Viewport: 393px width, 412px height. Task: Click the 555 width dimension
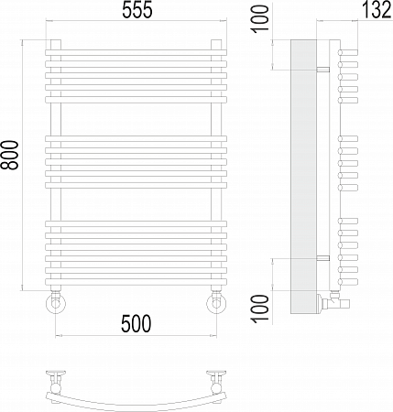point(137,11)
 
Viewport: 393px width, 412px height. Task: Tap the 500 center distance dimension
point(136,324)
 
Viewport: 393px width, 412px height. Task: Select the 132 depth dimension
point(377,10)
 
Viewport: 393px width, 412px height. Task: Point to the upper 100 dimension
point(260,17)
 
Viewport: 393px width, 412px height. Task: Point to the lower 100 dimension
point(260,309)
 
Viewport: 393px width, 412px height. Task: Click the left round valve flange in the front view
point(56,304)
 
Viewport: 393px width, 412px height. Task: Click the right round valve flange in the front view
point(216,304)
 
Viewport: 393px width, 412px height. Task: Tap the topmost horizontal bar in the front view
point(136,52)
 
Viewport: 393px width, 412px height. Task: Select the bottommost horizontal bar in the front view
point(136,282)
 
